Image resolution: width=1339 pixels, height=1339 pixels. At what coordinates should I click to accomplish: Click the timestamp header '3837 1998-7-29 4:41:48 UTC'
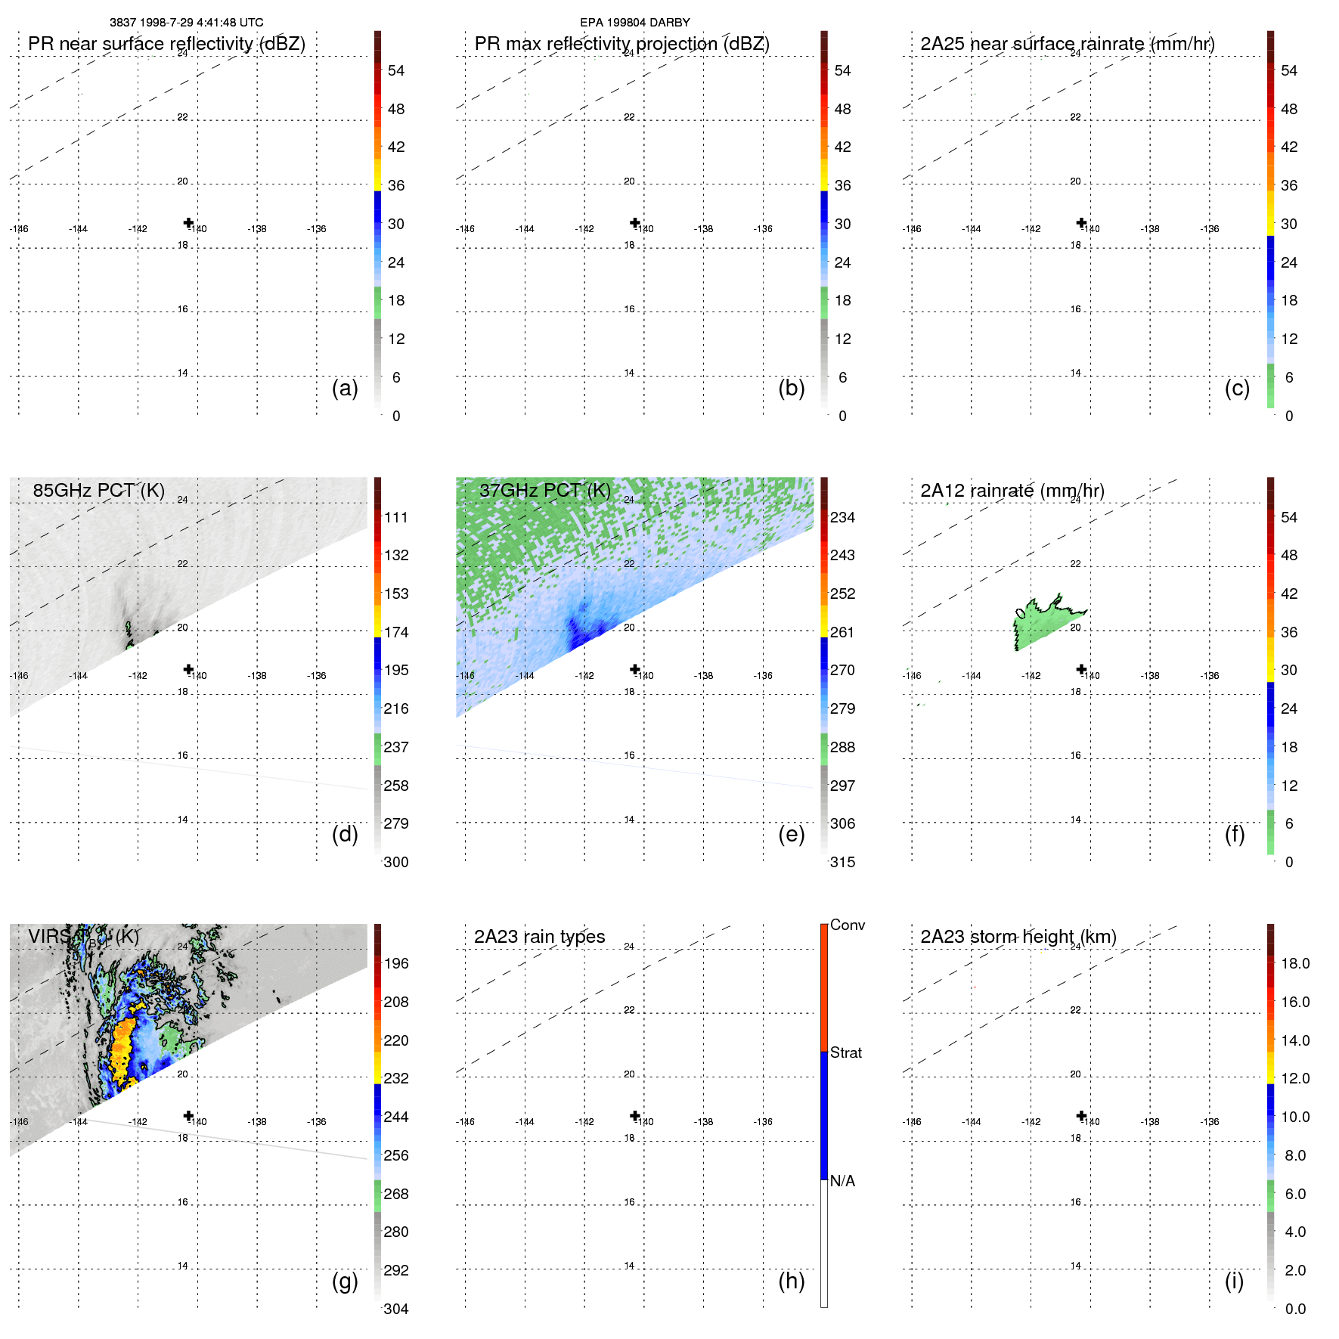coord(186,23)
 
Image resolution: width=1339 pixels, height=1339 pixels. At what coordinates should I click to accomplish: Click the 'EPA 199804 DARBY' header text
coord(634,23)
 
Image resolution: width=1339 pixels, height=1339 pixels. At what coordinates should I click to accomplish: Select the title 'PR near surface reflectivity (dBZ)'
coord(166,44)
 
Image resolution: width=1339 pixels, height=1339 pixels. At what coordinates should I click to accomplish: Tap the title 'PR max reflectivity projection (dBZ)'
coord(621,44)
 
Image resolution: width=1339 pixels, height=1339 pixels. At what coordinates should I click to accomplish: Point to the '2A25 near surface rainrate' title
coord(1067,44)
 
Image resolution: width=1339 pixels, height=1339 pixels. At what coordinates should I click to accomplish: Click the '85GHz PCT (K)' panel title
coord(98,491)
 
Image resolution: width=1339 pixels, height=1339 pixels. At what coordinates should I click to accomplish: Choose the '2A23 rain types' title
coord(539,937)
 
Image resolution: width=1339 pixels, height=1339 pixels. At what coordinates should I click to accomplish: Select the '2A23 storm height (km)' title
coord(1018,937)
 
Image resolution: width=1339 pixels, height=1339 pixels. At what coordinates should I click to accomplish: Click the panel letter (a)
coord(345,389)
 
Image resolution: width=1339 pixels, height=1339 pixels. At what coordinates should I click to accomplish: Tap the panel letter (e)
coord(791,835)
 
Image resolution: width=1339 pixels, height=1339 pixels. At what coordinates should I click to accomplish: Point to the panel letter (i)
coord(1234,1281)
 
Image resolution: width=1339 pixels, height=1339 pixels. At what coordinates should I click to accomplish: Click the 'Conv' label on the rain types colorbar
coord(847,925)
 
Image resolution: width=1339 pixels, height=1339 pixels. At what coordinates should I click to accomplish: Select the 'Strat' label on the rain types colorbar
coord(845,1052)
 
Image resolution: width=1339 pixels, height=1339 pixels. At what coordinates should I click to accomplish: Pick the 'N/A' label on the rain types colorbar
coord(842,1181)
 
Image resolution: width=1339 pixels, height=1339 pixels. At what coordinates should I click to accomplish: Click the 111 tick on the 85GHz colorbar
coord(395,518)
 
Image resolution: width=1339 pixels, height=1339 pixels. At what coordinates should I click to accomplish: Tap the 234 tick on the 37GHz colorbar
coord(842,518)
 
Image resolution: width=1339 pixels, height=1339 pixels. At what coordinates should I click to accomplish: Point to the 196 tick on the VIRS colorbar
coord(395,964)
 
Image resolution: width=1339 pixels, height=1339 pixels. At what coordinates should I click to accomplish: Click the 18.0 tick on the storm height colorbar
coord(1294,964)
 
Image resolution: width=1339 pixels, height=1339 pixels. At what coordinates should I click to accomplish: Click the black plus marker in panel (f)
coord(1081,669)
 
